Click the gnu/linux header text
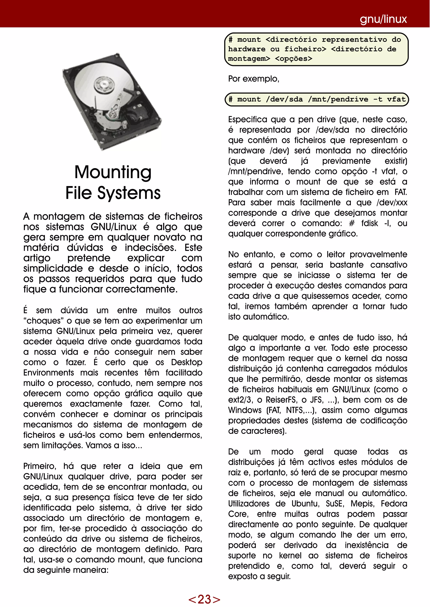(x=383, y=19)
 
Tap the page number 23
(x=204, y=599)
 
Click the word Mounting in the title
(x=113, y=172)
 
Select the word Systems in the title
(x=129, y=193)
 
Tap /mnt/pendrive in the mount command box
(x=338, y=99)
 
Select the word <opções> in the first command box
(x=294, y=58)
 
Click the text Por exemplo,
(x=254, y=79)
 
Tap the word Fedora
(x=394, y=504)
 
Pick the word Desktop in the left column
(x=186, y=362)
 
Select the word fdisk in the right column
(x=370, y=223)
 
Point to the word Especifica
(x=247, y=119)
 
